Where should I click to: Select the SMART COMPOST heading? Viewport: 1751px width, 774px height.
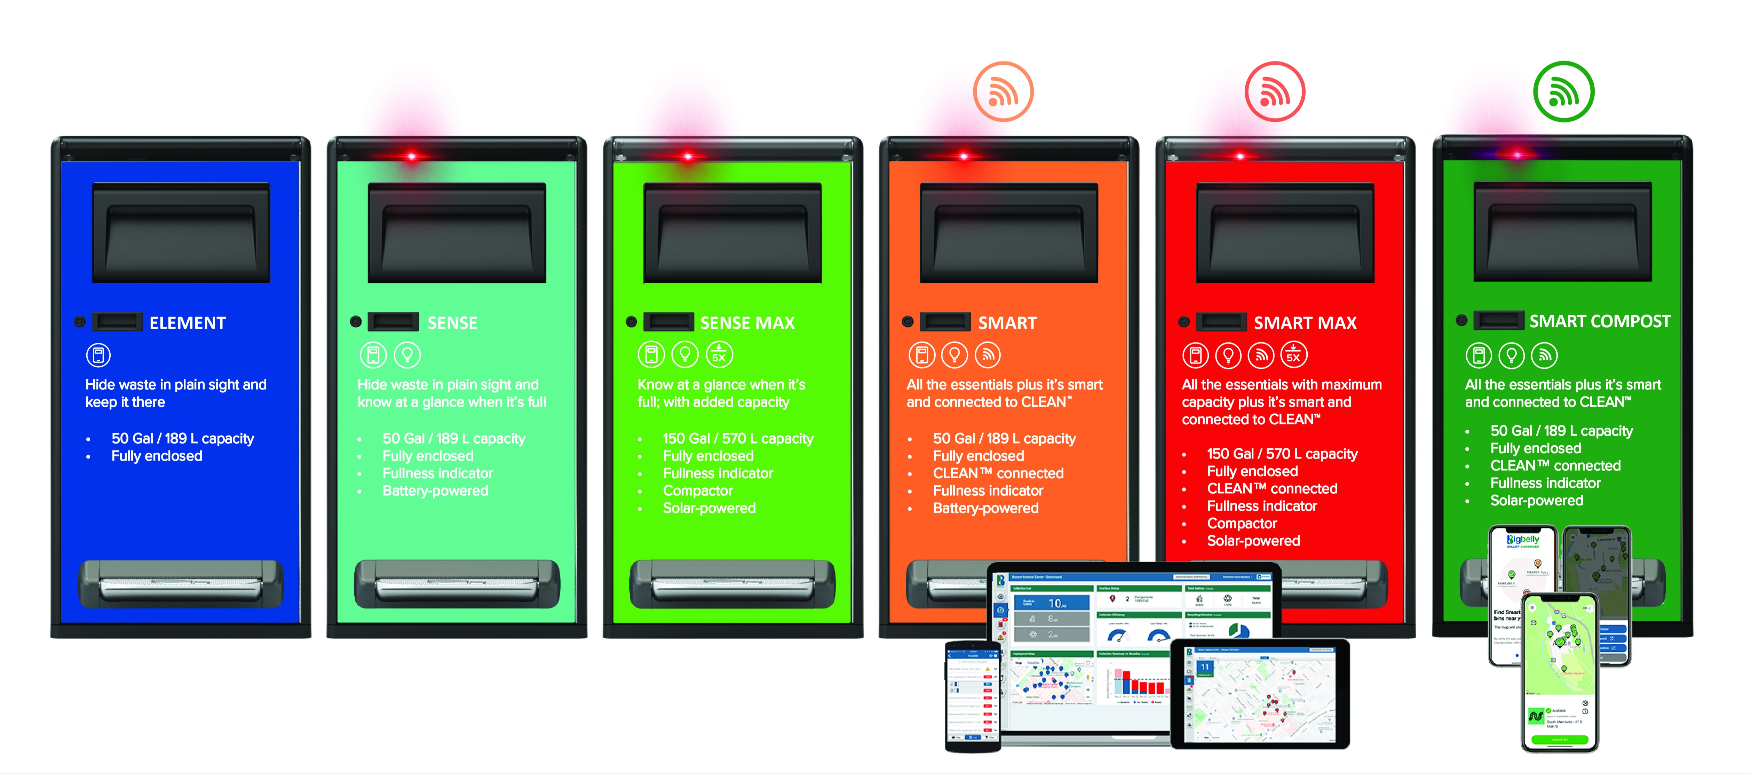[x=1599, y=321]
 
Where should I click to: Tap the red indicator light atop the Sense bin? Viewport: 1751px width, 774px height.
[x=411, y=156]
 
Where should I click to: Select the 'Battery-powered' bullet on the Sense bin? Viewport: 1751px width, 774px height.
[x=435, y=490]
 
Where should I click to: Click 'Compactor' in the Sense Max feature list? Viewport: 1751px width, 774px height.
[x=697, y=490]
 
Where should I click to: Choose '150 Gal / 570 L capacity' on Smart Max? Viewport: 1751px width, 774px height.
[x=1282, y=454]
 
